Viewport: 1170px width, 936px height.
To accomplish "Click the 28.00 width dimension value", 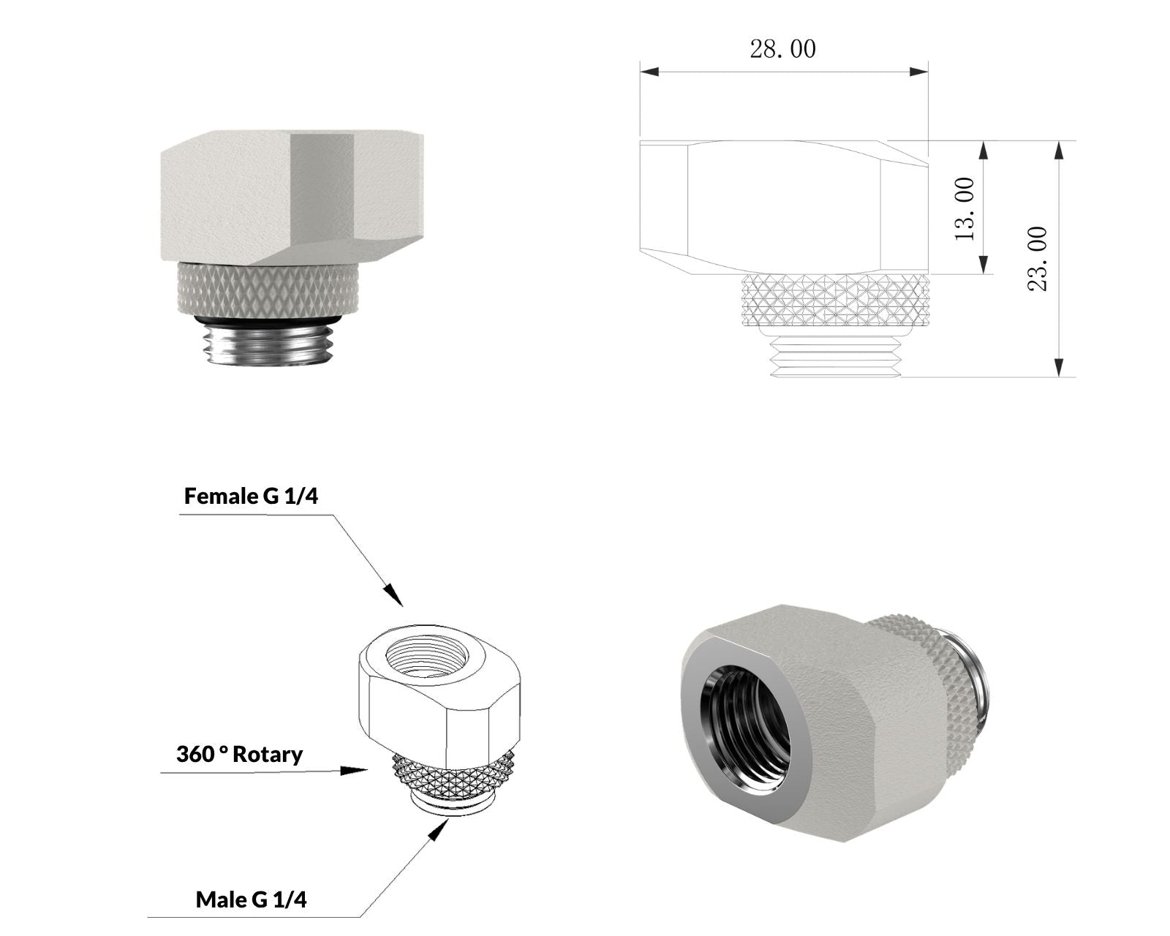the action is coord(782,49).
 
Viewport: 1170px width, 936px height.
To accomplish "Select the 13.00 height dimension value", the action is coord(965,209).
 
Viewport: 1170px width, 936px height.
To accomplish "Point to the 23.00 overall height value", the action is coord(1037,259).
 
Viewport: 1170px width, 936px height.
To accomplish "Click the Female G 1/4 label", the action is coord(251,496).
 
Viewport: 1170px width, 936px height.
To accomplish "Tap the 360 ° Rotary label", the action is coord(239,755).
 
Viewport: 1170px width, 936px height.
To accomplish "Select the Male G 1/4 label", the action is coord(251,899).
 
